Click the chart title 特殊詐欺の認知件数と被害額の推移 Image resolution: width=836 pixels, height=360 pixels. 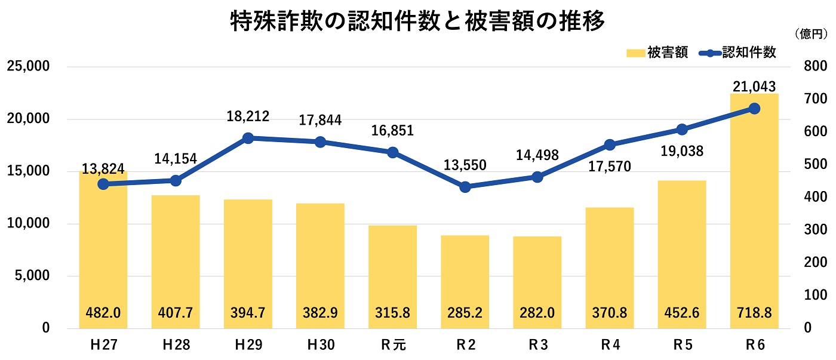[418, 22]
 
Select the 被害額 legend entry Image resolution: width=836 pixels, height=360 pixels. [657, 53]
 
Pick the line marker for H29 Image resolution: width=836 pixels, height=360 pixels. [248, 138]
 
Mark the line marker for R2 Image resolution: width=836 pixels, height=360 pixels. [465, 187]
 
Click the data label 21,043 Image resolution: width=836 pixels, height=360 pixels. [754, 86]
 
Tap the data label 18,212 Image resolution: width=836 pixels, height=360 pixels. [248, 116]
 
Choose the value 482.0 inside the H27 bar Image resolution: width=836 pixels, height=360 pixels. [103, 312]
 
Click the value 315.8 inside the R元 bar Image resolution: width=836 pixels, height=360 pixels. [392, 312]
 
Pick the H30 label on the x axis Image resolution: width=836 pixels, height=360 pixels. [320, 345]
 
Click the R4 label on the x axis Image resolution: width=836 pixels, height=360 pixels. [609, 345]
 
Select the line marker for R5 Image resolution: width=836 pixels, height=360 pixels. [682, 129]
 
